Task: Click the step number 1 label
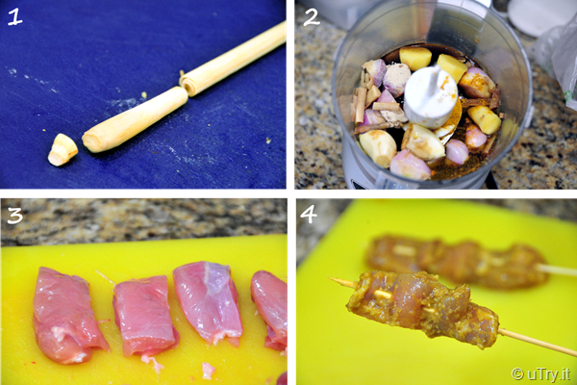tap(14, 17)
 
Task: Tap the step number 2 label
tap(312, 17)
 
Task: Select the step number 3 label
tap(14, 216)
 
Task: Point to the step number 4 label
tap(309, 215)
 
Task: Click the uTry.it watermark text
tap(540, 374)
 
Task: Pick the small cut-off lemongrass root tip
tap(63, 149)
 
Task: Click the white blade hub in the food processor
tap(430, 96)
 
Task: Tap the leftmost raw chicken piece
tap(67, 315)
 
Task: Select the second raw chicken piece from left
tap(145, 315)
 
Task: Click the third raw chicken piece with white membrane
tap(208, 302)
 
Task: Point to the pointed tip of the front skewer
tap(331, 279)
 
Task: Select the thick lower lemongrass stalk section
tap(135, 119)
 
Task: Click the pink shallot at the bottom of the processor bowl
tap(410, 165)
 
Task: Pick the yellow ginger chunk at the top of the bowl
tap(415, 58)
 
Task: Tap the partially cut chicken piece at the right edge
tap(270, 309)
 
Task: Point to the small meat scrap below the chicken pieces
tap(208, 371)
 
